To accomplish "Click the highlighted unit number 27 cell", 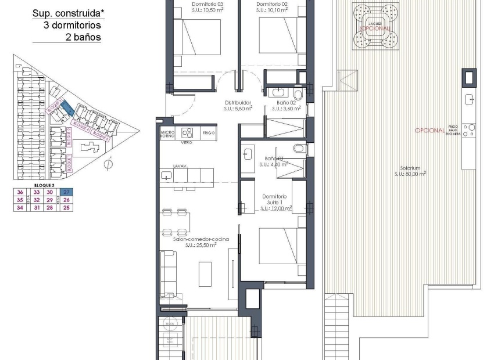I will [x=67, y=192].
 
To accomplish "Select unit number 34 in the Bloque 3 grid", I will [x=20, y=207].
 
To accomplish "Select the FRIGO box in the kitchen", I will [x=209, y=133].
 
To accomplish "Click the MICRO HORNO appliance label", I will [x=168, y=135].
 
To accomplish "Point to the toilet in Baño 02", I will [x=298, y=93].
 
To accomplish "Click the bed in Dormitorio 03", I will [x=198, y=37].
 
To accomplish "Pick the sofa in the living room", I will [x=169, y=273].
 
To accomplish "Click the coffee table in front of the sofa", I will [x=206, y=273].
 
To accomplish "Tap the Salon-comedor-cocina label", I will [x=201, y=242].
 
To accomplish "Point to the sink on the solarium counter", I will [x=469, y=99].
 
